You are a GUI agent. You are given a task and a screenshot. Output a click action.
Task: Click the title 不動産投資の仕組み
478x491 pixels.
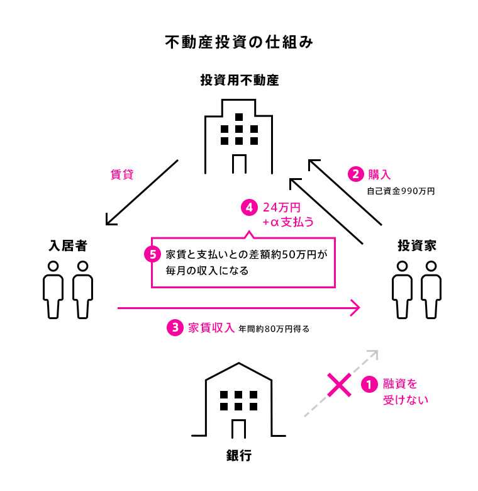[239, 42]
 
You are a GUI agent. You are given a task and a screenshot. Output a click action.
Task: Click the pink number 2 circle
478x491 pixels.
[356, 174]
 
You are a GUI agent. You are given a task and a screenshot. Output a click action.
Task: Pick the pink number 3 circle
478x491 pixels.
[174, 328]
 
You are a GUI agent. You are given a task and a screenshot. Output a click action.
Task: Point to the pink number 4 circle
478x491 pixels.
[250, 206]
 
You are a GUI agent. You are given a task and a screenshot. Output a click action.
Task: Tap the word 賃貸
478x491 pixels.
[122, 174]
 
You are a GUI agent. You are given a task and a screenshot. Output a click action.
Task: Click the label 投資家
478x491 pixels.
[416, 245]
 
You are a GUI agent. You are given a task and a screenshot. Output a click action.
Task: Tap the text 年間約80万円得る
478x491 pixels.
[274, 329]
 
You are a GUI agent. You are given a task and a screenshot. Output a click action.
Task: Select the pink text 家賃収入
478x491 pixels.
[211, 327]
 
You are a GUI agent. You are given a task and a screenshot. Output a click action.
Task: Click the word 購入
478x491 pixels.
[379, 174]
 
